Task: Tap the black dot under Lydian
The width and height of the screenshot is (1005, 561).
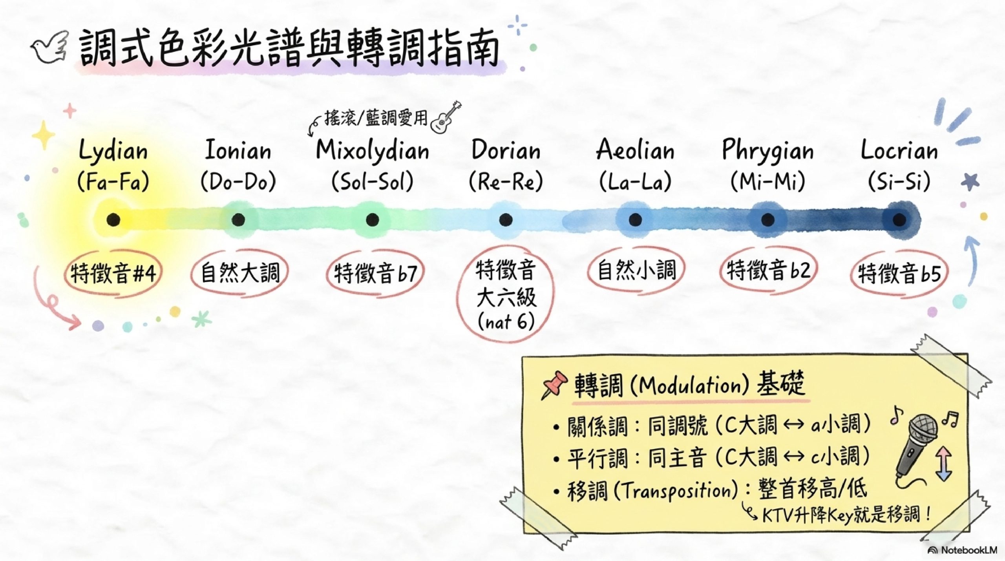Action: (x=113, y=219)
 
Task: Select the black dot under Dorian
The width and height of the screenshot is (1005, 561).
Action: (x=506, y=219)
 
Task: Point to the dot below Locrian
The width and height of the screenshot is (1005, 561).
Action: (x=899, y=219)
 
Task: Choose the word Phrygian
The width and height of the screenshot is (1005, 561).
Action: (x=767, y=151)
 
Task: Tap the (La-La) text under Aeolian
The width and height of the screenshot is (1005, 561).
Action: (x=635, y=182)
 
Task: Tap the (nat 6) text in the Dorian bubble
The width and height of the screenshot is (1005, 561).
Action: (x=506, y=322)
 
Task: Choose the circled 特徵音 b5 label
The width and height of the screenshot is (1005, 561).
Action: (x=899, y=274)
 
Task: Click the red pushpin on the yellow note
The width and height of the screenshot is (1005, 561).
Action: (x=554, y=384)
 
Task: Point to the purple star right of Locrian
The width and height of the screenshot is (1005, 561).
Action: (x=970, y=182)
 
